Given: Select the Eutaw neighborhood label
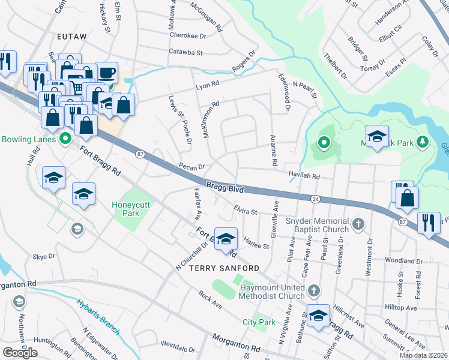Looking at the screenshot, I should click(x=72, y=37).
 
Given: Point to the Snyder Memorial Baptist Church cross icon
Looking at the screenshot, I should click(x=358, y=224).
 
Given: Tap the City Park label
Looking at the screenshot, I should click(x=259, y=322).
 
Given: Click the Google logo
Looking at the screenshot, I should click(x=20, y=353).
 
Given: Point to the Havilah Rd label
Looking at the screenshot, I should click(x=304, y=177).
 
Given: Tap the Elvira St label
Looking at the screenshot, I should click(x=245, y=212).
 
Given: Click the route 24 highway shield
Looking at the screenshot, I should click(x=315, y=198).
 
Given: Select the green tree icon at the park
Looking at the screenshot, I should click(x=424, y=142).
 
